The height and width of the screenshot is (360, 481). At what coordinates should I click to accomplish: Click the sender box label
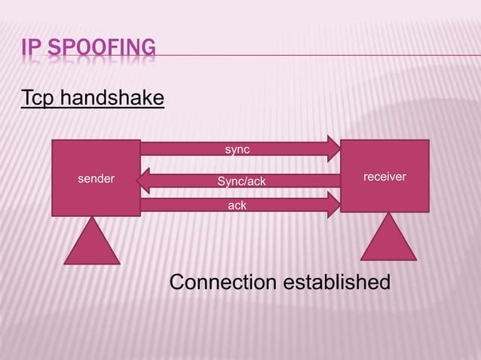(x=97, y=179)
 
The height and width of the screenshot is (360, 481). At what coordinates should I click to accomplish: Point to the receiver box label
(x=384, y=176)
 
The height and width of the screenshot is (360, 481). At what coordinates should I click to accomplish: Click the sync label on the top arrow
(x=237, y=150)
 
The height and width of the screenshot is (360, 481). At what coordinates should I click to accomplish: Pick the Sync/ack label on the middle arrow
(x=241, y=182)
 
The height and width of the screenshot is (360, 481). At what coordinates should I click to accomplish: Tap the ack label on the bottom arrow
(x=237, y=205)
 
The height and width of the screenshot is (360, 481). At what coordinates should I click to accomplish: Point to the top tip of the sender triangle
(x=92, y=218)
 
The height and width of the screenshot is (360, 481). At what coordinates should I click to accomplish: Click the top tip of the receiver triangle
(x=389, y=214)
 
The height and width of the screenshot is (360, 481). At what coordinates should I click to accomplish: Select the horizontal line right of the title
(x=317, y=54)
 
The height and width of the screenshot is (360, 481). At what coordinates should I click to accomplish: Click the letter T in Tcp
(x=26, y=99)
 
